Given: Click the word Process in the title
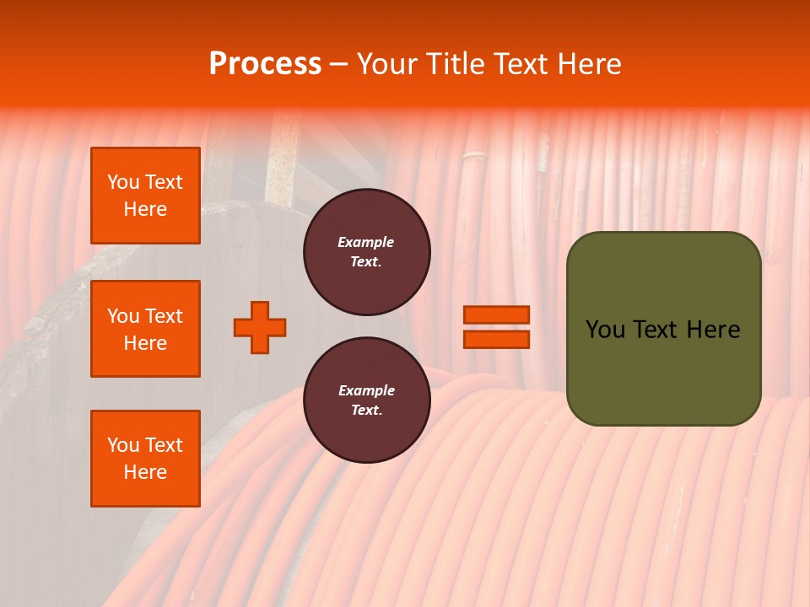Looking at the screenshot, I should [x=265, y=64].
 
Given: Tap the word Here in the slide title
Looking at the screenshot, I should [x=588, y=64].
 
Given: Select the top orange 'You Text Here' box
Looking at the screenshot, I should [x=145, y=196].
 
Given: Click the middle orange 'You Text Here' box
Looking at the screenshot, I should [x=145, y=329].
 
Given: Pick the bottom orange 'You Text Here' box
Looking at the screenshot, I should [x=145, y=459].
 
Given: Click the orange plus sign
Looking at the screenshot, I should [x=260, y=327].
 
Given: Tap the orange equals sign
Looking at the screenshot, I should [x=496, y=327].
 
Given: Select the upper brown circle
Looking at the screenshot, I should [x=367, y=252].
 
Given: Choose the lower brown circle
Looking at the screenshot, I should [x=367, y=400].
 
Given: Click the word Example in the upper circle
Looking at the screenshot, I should [x=366, y=242].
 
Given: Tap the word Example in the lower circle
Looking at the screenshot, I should [x=366, y=390].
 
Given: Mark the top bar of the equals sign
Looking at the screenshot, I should [x=496, y=314].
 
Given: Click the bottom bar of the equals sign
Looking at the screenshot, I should [x=496, y=339].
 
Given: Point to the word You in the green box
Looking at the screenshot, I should [x=605, y=330].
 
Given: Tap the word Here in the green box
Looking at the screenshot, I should [x=712, y=330].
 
